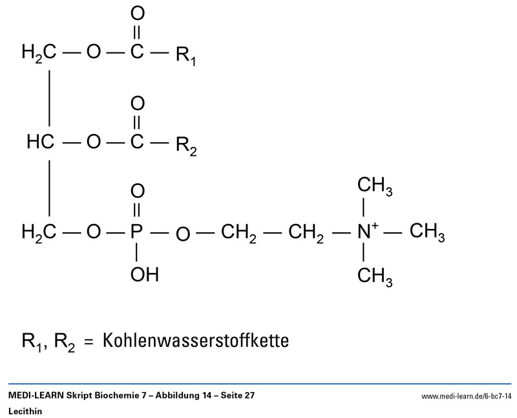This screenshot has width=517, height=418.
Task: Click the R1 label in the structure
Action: [186, 56]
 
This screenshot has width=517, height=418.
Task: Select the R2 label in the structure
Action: [186, 146]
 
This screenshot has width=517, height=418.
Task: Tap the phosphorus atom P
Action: [136, 232]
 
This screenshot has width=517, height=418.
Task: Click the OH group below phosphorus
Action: [144, 274]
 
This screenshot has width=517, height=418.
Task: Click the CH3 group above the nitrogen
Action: [375, 186]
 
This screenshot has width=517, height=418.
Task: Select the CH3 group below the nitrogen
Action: [375, 277]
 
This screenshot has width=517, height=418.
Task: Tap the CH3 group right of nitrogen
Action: [427, 232]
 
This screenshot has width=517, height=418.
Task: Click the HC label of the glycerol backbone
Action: [40, 142]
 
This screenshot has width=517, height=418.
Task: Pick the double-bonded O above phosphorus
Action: [138, 191]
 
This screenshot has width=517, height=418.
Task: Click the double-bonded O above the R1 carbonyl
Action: [138, 14]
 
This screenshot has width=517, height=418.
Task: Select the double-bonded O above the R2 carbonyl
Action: [138, 104]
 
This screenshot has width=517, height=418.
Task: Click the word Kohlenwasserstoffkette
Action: [196, 340]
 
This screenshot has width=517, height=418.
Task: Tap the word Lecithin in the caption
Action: [25, 412]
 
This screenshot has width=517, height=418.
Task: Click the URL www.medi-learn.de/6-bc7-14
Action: [466, 396]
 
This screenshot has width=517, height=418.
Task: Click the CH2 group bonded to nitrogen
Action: [306, 234]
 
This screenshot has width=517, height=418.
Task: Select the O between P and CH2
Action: [183, 234]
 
